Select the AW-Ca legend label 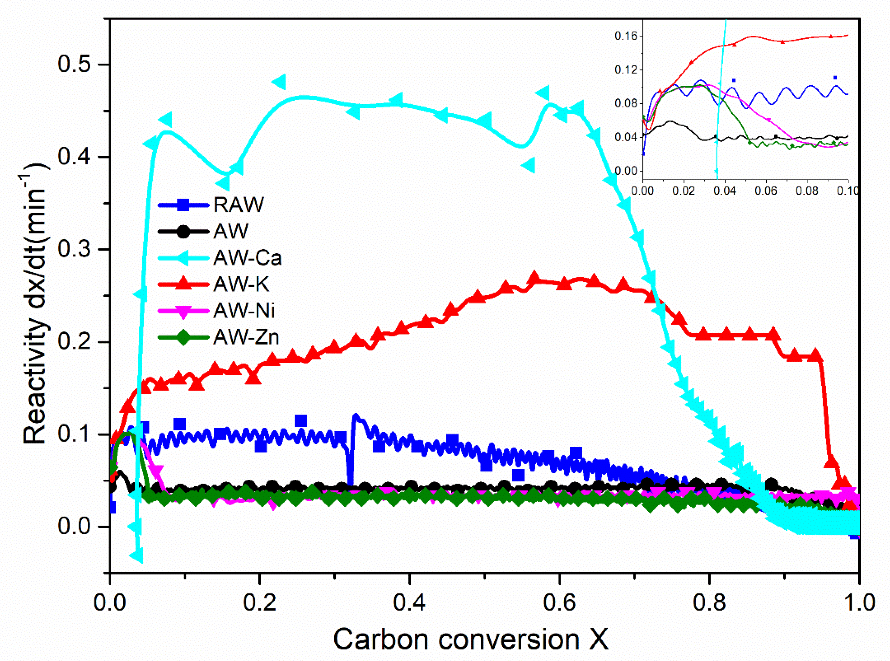(x=247, y=258)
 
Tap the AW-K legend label (x=241, y=284)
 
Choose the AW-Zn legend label (x=246, y=337)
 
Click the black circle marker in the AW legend (x=183, y=231)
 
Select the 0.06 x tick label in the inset (x=765, y=191)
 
